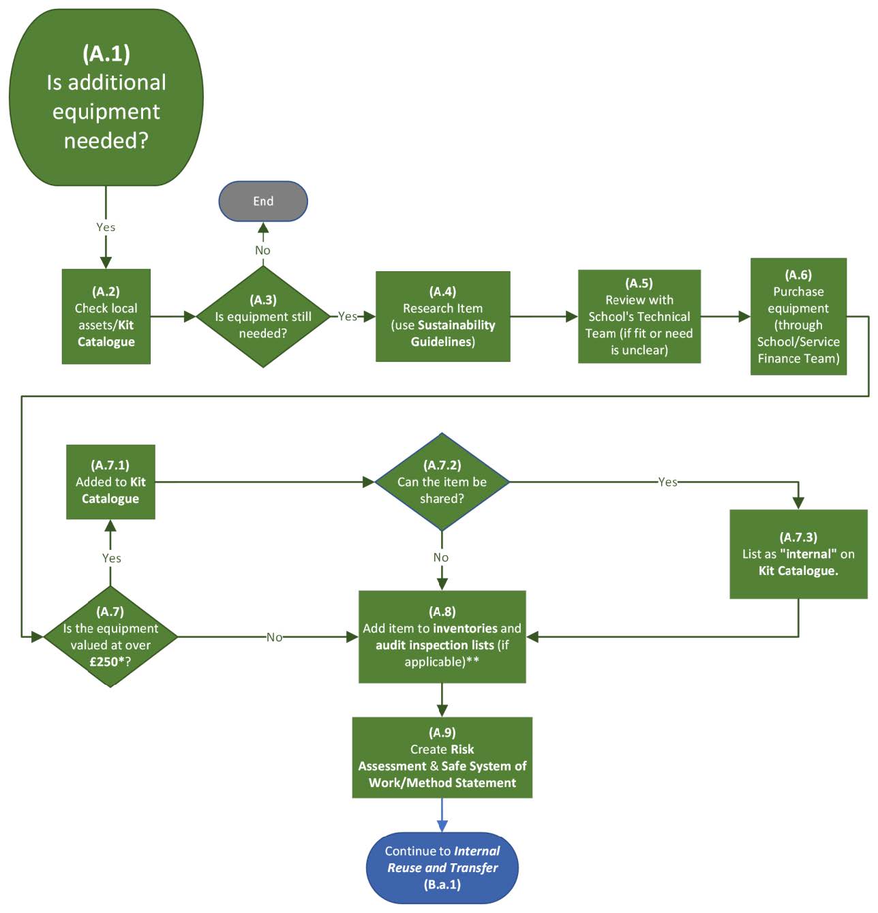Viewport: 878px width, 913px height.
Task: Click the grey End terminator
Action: point(263,201)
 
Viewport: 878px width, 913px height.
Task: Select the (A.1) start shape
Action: point(106,97)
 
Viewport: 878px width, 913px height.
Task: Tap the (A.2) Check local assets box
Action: point(106,316)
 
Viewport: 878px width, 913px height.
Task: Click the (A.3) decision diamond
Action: point(263,316)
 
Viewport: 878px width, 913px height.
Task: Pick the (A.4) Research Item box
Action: point(442,316)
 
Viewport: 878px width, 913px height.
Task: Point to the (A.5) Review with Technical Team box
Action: point(639,316)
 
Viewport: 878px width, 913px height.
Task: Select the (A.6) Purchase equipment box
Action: point(798,316)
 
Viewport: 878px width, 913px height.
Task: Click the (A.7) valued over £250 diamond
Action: point(110,636)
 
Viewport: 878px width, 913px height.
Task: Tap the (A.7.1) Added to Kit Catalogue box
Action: point(110,482)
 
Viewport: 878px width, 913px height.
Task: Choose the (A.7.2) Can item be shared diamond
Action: point(442,482)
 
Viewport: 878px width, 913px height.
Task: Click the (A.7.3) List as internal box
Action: point(798,554)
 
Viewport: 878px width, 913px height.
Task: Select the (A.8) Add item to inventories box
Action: point(442,636)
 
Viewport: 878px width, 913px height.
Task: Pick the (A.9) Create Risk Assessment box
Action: point(442,757)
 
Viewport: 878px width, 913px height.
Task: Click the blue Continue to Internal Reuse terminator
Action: point(442,867)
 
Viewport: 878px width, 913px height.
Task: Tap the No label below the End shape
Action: point(263,250)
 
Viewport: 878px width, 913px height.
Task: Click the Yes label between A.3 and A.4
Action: point(348,316)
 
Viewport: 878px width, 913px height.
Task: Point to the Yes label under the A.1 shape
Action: point(106,227)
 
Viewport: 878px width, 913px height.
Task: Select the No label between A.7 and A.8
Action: point(274,637)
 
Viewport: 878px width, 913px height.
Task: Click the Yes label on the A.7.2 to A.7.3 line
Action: point(667,482)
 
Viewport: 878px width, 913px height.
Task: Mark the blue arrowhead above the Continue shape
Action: point(442,826)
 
